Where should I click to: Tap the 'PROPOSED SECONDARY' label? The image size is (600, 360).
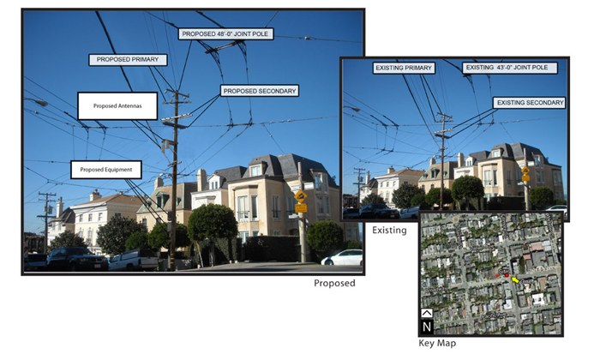point(259,90)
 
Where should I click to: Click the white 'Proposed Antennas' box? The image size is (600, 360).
point(117,105)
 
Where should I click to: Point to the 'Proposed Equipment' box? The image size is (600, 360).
point(106,170)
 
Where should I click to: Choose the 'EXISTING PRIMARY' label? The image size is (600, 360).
point(404,67)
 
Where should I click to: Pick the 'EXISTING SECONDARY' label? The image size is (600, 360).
point(530,102)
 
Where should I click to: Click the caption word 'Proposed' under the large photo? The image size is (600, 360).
point(334,283)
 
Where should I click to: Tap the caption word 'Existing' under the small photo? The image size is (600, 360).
point(389,231)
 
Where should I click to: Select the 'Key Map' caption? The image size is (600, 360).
point(437,343)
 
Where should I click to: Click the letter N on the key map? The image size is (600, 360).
point(427,327)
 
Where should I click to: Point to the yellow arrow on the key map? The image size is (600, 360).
point(515,279)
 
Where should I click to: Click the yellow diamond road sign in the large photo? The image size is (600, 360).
point(301,196)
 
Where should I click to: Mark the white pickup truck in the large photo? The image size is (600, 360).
point(133,260)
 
